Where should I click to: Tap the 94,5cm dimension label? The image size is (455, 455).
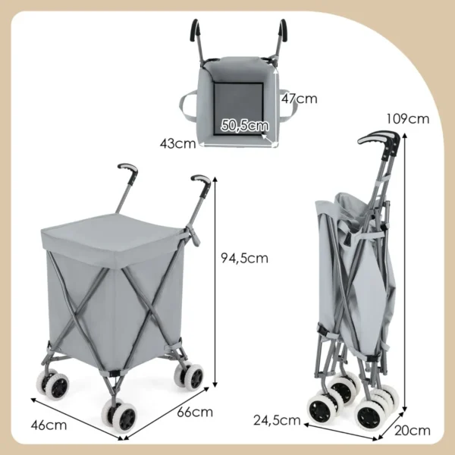coord(245,257)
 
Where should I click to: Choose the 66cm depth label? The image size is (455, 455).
coord(195,413)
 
